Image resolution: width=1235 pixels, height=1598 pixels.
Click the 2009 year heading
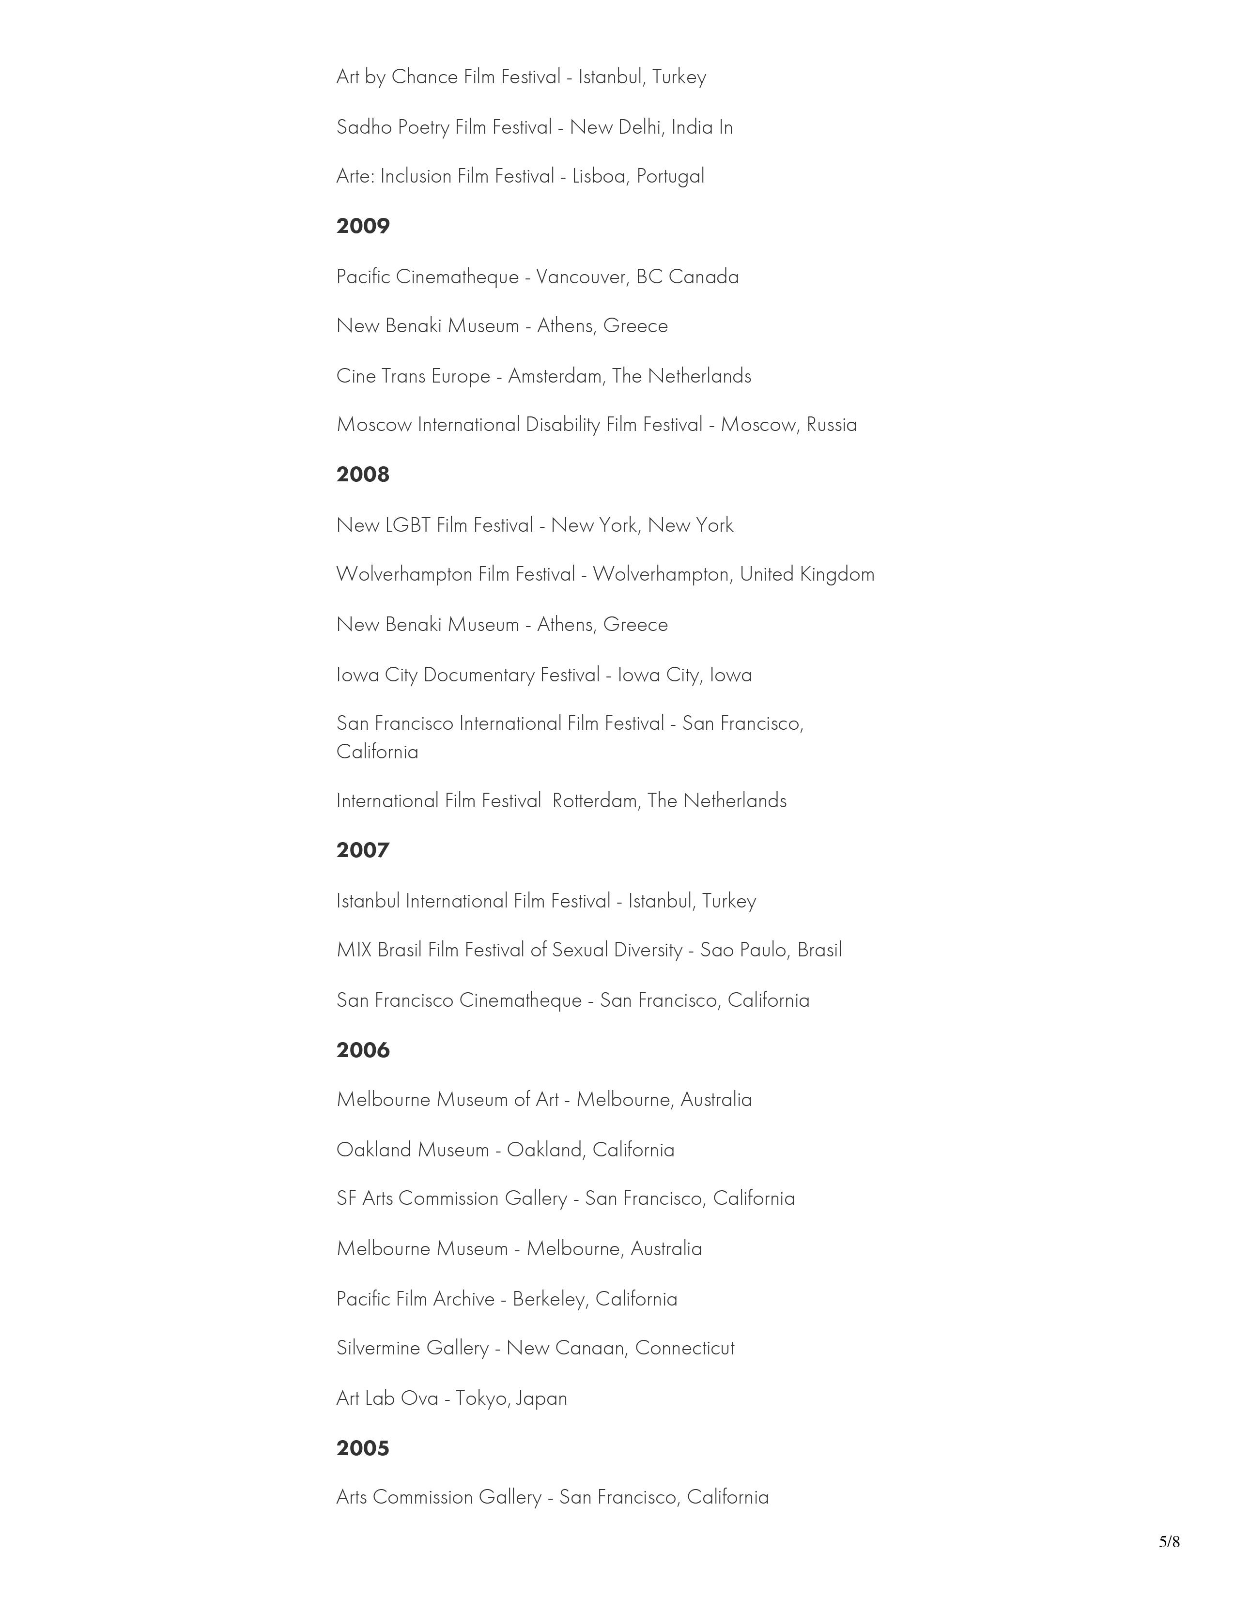(363, 226)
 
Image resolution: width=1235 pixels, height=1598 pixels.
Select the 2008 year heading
(363, 475)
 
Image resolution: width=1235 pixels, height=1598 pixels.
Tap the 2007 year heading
(363, 850)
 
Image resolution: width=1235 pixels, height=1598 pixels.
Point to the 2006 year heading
(363, 1051)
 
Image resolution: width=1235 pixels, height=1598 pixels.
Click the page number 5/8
(1169, 1542)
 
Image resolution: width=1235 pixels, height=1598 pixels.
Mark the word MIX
(354, 950)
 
